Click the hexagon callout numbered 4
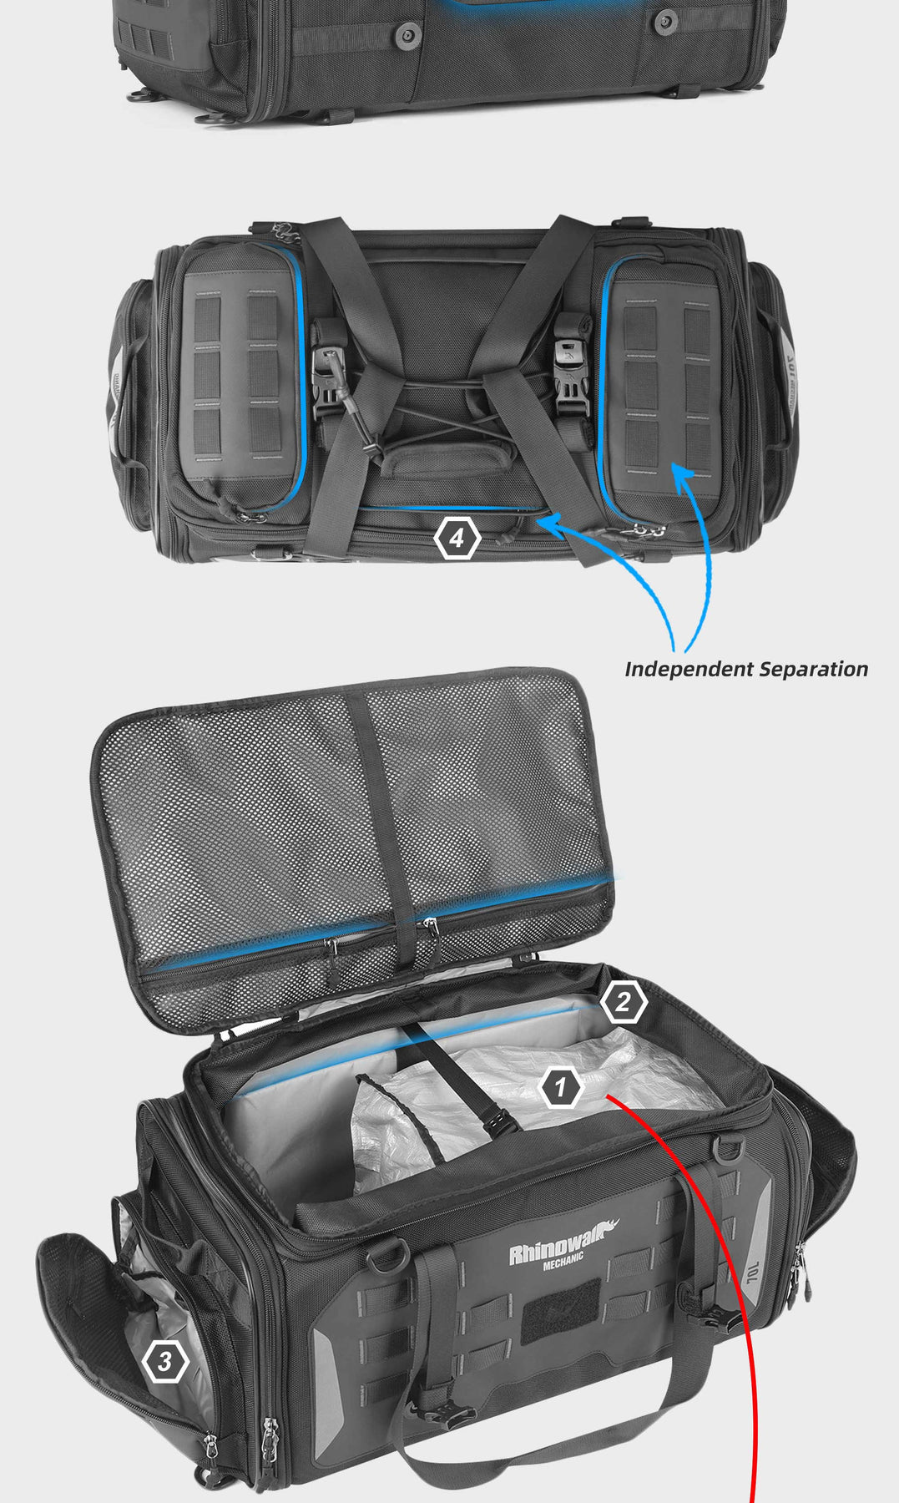coord(457,539)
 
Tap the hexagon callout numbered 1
coord(561,1087)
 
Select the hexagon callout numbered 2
coord(624,1002)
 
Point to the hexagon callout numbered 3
coord(165,1362)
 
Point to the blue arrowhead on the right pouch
coord(683,475)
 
